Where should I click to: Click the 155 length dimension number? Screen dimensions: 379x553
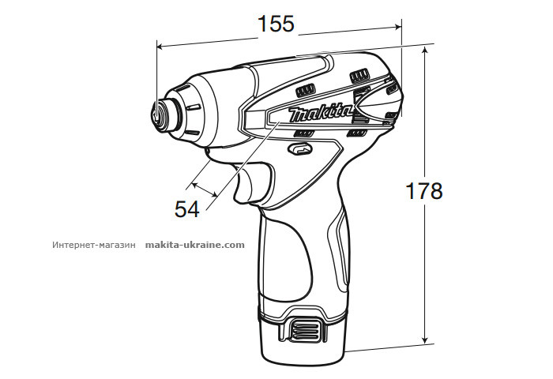pos(276,24)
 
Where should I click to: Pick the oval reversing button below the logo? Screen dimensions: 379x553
pos(300,148)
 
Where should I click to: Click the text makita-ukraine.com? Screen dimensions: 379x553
pos(195,245)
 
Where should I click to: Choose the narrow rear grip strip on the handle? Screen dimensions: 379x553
pos(340,253)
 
